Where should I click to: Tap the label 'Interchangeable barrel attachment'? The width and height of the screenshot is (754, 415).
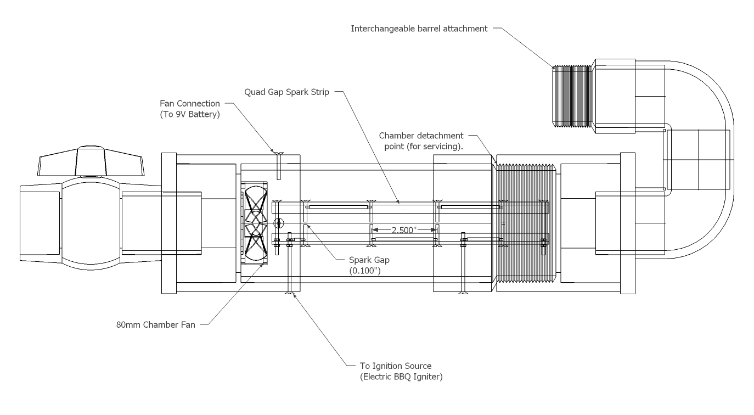point(419,29)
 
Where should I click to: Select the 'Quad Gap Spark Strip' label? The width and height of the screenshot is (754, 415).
point(286,92)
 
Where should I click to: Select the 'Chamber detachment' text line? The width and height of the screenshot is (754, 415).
point(421,136)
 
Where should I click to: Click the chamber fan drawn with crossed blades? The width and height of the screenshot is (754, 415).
point(254,224)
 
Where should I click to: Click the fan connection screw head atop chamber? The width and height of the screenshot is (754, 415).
point(279,154)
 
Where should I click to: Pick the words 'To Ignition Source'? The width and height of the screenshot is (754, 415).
point(396,366)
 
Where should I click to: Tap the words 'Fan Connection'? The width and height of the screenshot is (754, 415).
point(190,103)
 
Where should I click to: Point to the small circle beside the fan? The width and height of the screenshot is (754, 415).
point(279,223)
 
